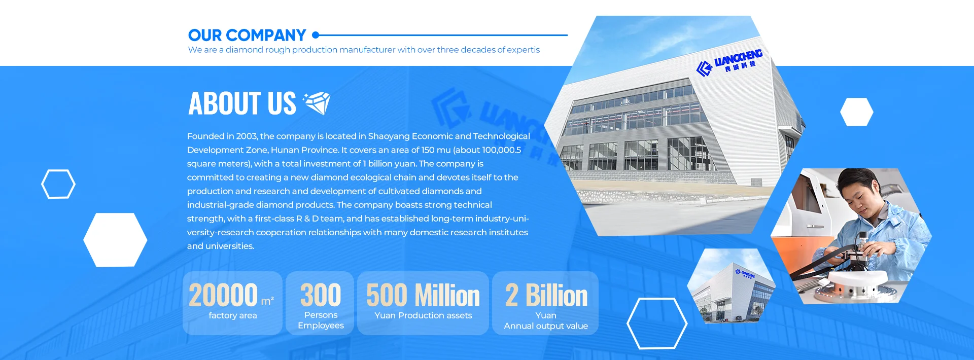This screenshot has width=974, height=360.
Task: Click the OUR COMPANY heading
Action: pos(247,35)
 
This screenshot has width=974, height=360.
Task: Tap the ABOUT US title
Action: pos(242,103)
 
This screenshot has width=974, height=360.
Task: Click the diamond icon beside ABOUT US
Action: pos(317,103)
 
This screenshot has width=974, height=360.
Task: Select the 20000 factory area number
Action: pos(223,295)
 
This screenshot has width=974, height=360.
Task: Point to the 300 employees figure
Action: pos(321,295)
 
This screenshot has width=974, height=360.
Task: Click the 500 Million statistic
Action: pos(423,295)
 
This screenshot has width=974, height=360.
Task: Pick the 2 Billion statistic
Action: pos(546,295)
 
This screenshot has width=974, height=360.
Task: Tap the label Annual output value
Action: pos(546,326)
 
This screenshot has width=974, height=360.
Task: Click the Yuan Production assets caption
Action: pos(423,315)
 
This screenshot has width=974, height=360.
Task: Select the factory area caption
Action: pos(233,315)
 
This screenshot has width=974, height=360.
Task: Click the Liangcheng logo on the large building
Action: pos(729,63)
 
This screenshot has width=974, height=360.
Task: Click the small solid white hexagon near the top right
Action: pos(857,112)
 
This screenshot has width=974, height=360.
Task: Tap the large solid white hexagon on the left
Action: pos(115,240)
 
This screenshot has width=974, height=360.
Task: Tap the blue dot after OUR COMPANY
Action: pos(316,35)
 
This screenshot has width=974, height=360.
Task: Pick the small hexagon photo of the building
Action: pos(732,285)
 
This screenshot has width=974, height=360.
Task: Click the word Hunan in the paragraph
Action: pos(285,150)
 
